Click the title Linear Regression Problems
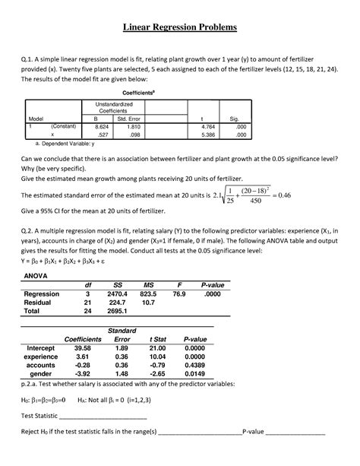point(180,28)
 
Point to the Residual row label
point(42,302)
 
